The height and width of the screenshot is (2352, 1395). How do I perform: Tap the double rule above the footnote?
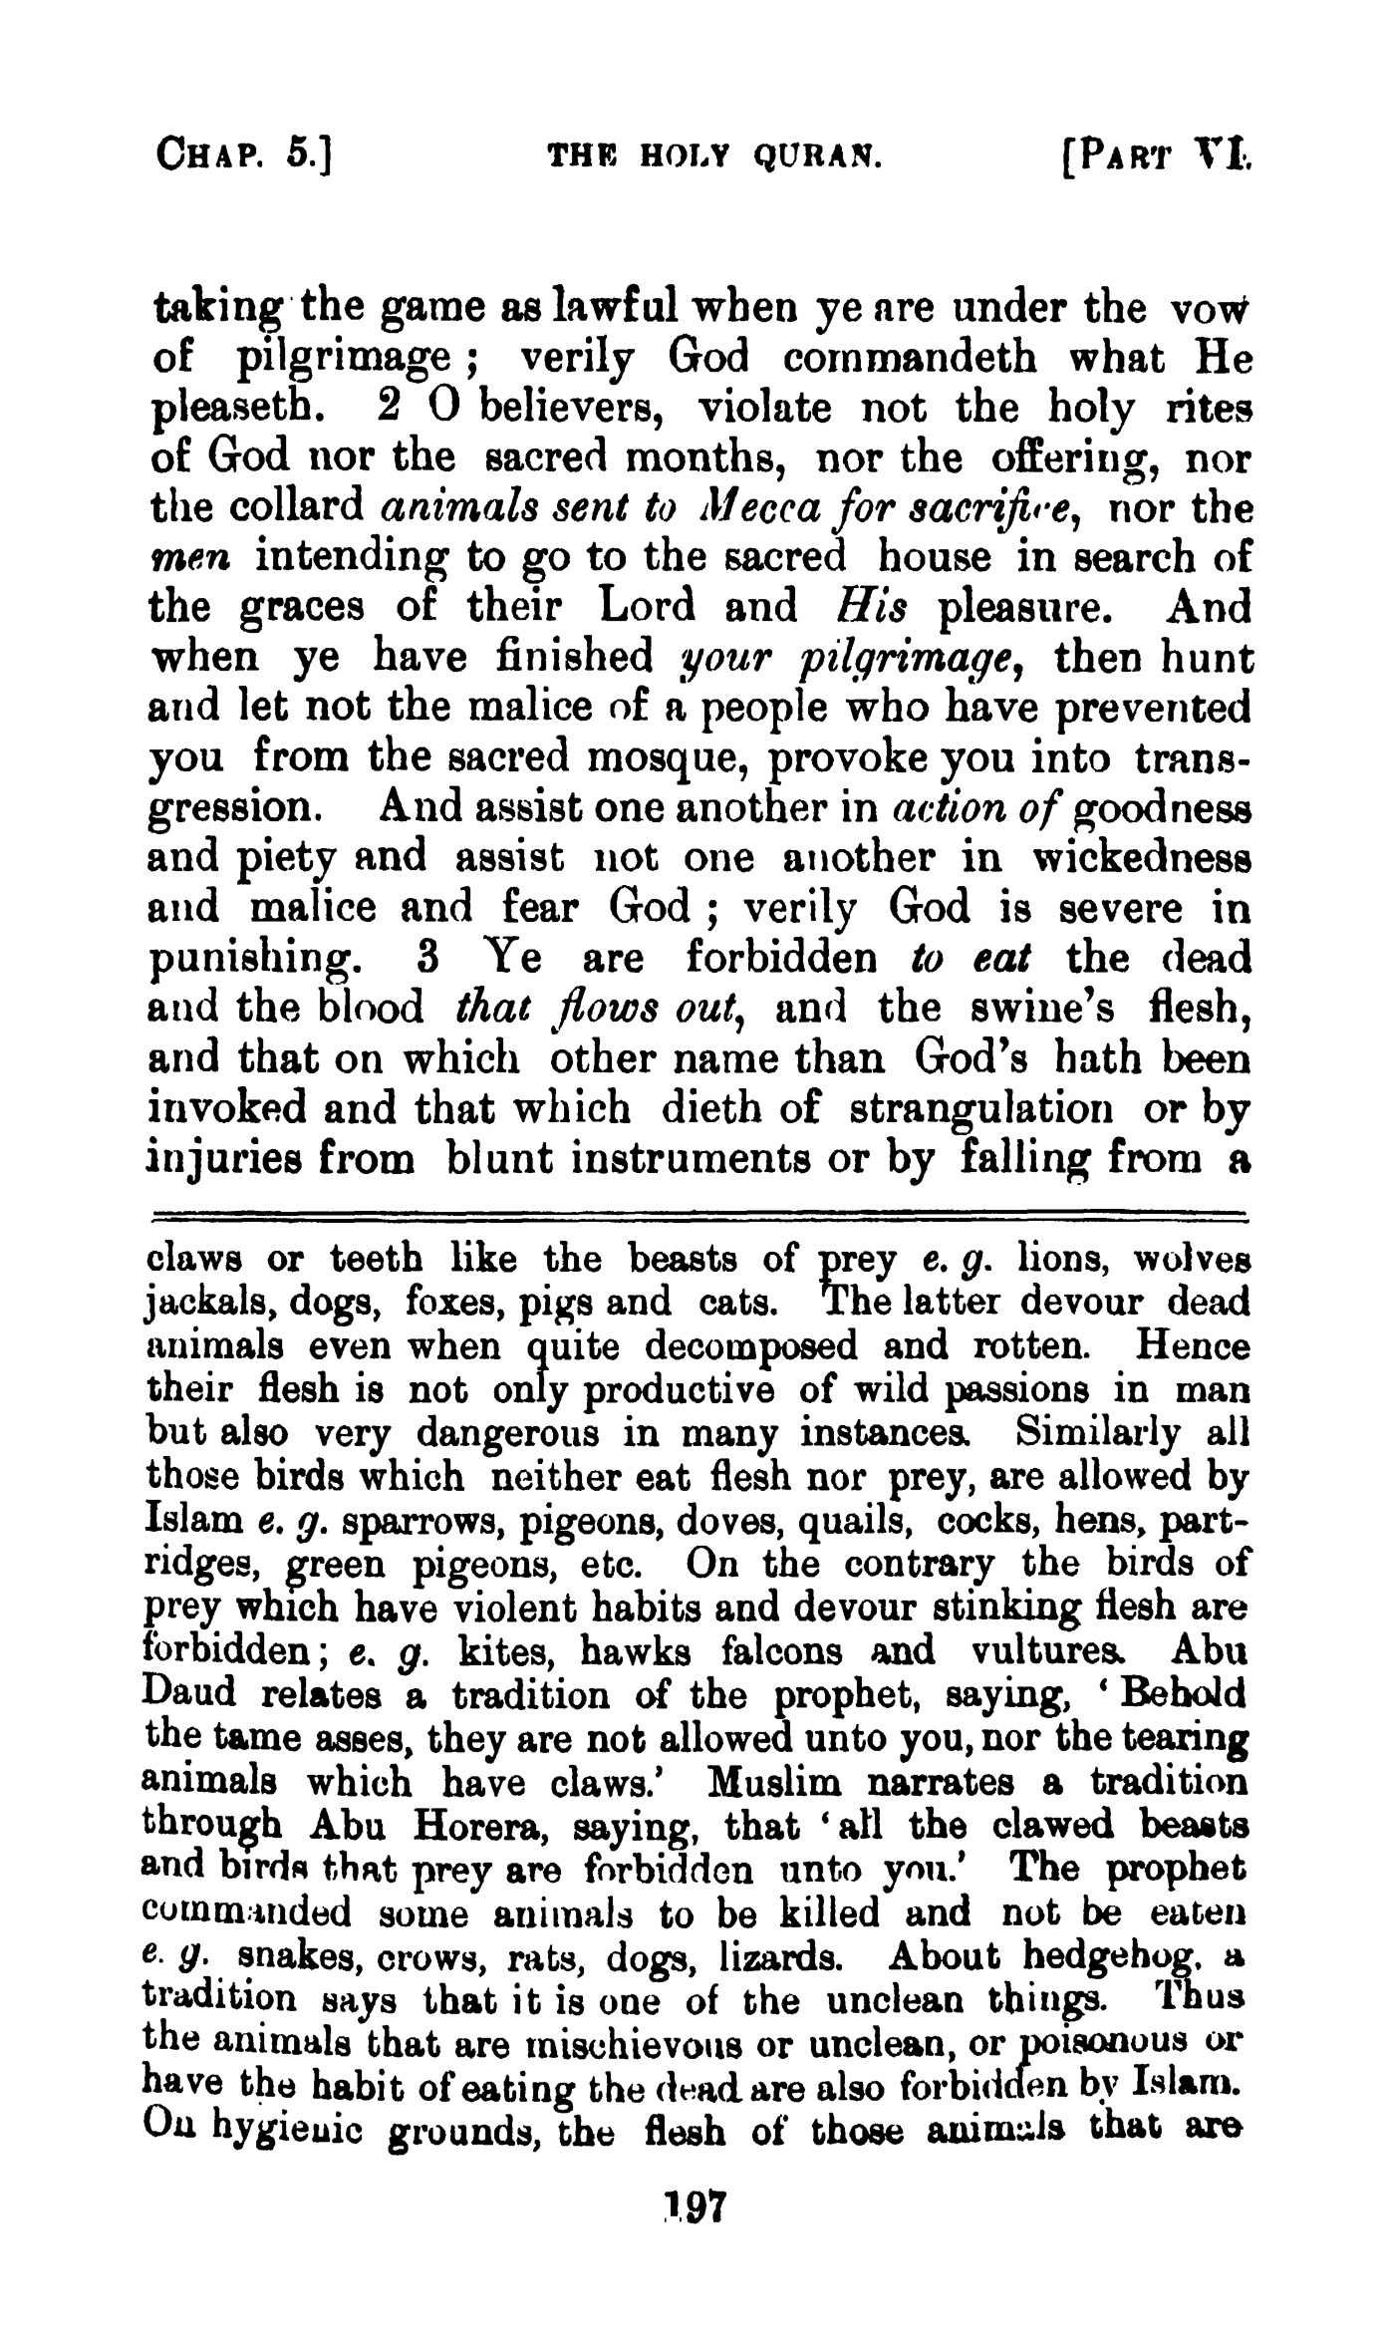coord(697,1215)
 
